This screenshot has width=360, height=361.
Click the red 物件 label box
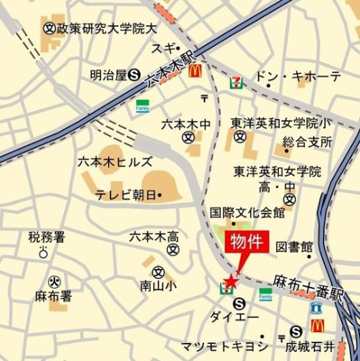click(x=245, y=242)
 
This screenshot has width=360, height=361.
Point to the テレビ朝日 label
click(x=125, y=194)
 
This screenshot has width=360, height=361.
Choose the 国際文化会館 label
click(x=247, y=213)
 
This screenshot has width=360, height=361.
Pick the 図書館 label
click(x=294, y=245)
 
